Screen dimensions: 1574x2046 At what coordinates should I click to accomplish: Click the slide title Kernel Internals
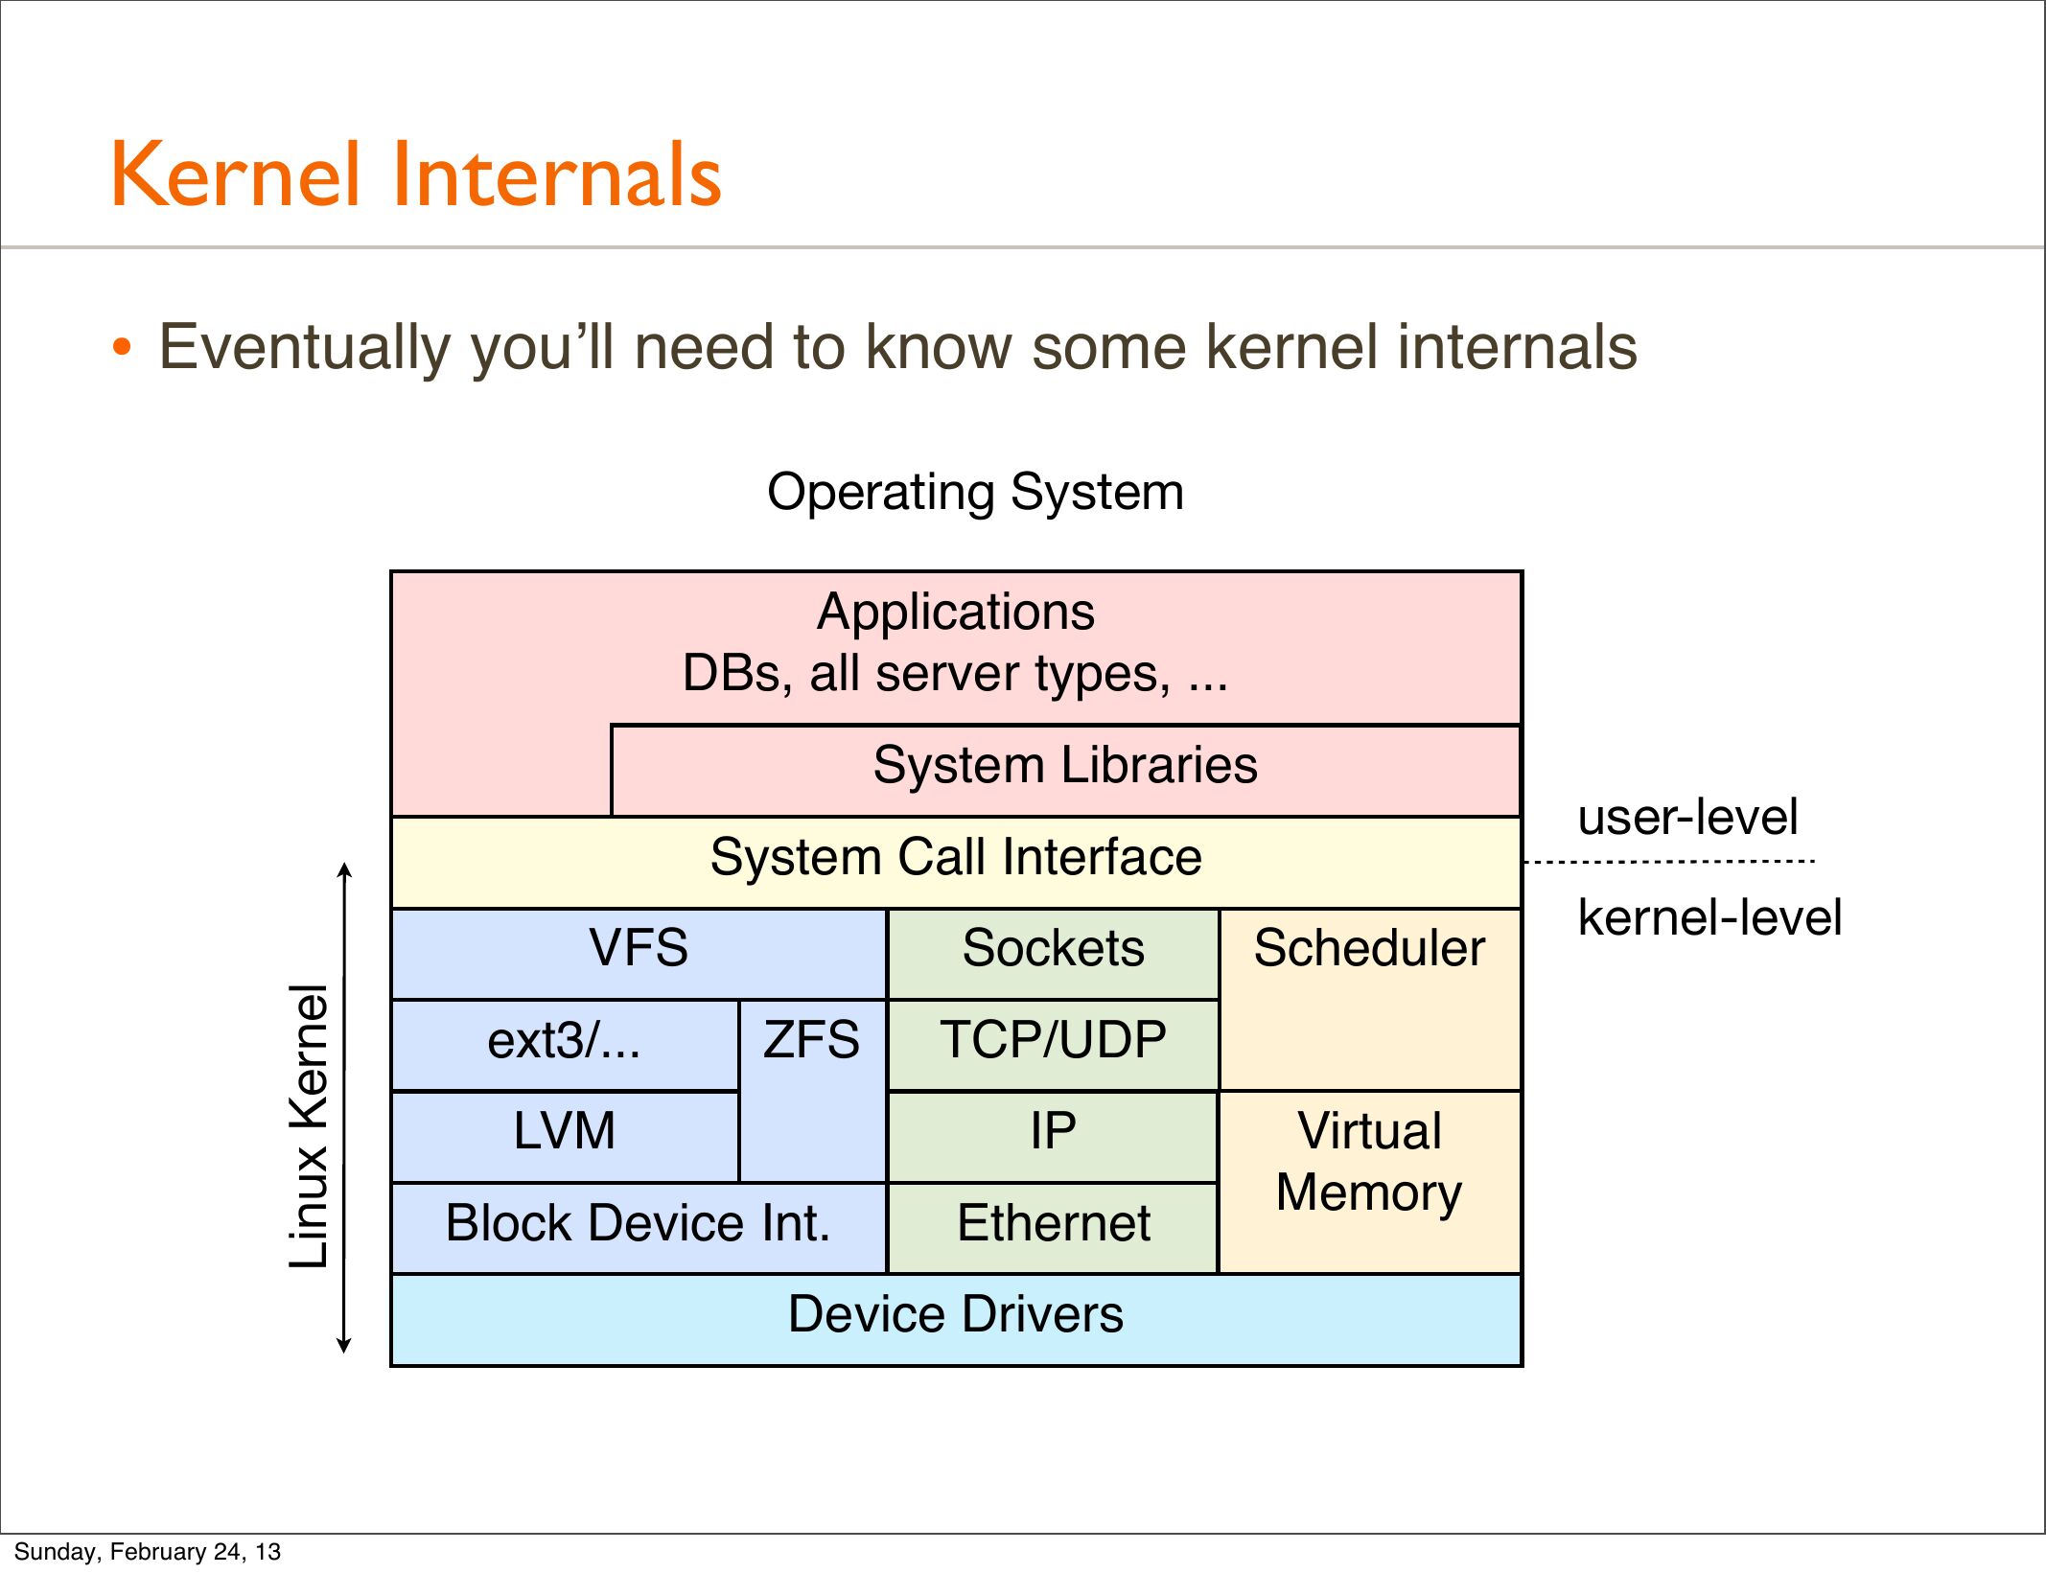click(416, 174)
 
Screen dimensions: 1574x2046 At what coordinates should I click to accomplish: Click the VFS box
click(639, 949)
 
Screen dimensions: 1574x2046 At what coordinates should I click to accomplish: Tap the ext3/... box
click(564, 1041)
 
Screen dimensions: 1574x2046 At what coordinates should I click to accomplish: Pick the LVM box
click(564, 1132)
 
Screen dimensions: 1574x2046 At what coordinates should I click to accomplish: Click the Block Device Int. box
click(638, 1224)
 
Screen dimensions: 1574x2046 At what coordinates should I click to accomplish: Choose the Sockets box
click(1053, 949)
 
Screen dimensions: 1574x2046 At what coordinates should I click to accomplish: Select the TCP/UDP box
click(1053, 1041)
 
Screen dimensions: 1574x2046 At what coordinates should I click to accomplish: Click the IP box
click(1053, 1132)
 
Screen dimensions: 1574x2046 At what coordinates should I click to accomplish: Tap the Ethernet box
click(1053, 1224)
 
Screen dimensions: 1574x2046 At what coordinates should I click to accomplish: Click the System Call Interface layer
click(955, 858)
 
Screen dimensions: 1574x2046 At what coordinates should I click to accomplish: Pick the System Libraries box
click(1064, 766)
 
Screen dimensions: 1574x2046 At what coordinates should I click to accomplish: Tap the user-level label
click(1687, 818)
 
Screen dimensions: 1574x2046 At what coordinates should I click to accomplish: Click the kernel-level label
click(1709, 918)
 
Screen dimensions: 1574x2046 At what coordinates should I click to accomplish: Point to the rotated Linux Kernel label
click(310, 1126)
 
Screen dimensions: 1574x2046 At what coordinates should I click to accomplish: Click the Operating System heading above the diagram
click(975, 493)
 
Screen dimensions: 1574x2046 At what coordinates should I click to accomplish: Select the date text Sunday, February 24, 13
click(147, 1552)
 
